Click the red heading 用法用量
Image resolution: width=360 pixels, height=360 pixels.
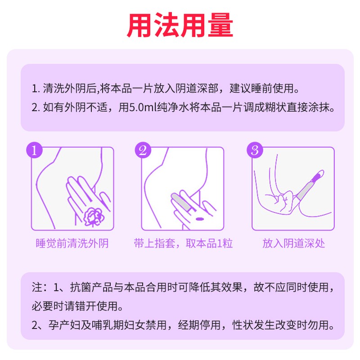click(180, 25)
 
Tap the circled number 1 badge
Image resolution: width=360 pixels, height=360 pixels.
click(35, 150)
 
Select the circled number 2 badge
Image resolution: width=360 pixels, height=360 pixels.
click(143, 150)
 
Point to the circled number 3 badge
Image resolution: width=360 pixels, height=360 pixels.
click(255, 150)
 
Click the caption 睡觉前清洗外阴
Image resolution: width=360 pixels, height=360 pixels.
click(72, 243)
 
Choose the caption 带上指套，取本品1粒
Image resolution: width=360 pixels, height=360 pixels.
click(183, 243)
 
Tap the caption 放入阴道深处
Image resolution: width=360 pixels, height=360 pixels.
click(294, 243)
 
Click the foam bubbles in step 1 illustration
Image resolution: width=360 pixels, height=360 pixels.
click(94, 217)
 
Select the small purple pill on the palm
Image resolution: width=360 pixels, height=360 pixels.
click(199, 219)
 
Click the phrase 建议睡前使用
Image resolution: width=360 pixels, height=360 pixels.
click(262, 88)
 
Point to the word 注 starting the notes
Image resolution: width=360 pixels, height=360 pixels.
click(37, 287)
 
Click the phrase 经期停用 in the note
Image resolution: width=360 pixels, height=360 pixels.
click(199, 325)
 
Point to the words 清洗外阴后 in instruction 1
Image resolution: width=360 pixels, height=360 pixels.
click(69, 88)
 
